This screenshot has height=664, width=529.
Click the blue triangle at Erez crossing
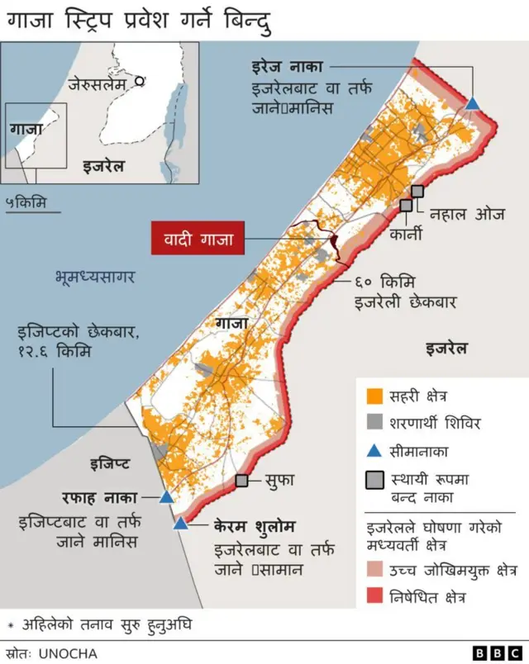pyautogui.click(x=472, y=103)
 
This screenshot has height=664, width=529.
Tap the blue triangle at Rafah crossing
pyautogui.click(x=166, y=497)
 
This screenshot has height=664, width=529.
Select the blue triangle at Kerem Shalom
pyautogui.click(x=180, y=524)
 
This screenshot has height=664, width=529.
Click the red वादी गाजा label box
pyautogui.click(x=198, y=240)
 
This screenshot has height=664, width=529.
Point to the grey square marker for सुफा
pyautogui.click(x=242, y=480)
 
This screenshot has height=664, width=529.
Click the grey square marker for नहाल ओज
pyautogui.click(x=417, y=191)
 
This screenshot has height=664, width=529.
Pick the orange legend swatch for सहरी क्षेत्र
pyautogui.click(x=374, y=396)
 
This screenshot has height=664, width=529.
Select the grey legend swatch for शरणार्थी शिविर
pyautogui.click(x=374, y=423)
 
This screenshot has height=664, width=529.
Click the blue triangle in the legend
pyautogui.click(x=374, y=450)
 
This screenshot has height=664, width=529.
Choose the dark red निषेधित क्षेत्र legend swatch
pyautogui.click(x=374, y=595)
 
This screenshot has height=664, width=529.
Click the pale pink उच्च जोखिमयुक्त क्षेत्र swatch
pyautogui.click(x=374, y=569)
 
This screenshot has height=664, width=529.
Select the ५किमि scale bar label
pyautogui.click(x=26, y=202)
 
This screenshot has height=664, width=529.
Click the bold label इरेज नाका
pyautogui.click(x=286, y=66)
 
